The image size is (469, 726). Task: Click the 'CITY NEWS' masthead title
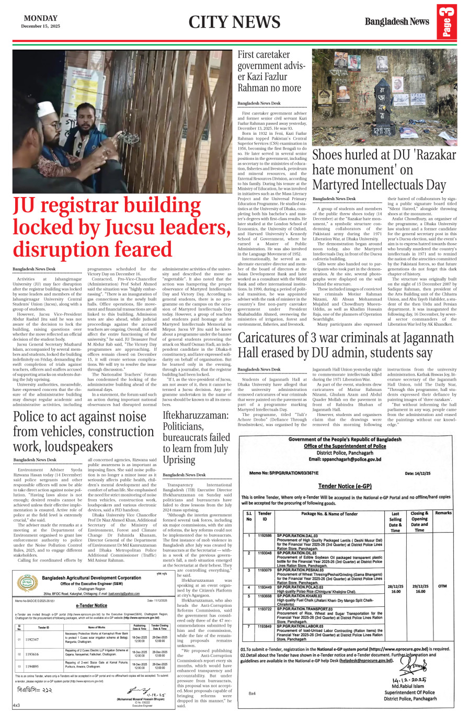point(234,22)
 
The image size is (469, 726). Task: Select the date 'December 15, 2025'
point(41,26)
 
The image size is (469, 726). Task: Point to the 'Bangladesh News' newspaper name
point(397,21)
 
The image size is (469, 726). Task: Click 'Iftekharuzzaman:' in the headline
point(196,415)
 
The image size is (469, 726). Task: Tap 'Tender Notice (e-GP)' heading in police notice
point(345,486)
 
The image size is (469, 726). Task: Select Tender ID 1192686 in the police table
point(265,536)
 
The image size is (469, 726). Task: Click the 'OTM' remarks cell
point(442,586)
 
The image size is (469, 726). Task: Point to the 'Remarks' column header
point(443,513)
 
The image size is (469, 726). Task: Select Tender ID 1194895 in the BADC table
point(32,666)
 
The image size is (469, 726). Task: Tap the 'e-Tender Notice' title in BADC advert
point(91,605)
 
